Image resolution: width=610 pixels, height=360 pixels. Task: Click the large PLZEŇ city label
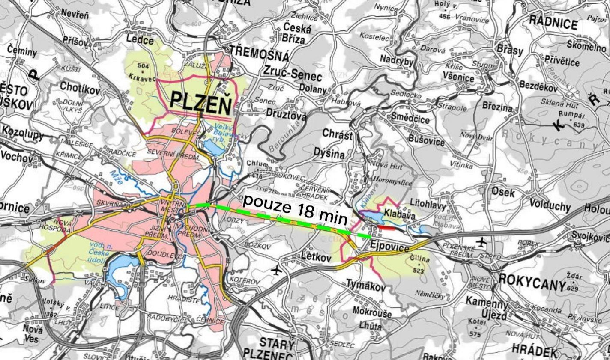[x=201, y=102]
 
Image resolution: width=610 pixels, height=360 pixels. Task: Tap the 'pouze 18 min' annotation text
[x=295, y=209]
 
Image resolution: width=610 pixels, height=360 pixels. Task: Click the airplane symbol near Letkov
[x=277, y=271]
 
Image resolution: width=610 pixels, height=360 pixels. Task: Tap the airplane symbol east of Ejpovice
[x=481, y=242]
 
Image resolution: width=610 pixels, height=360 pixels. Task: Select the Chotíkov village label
[x=80, y=88]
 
